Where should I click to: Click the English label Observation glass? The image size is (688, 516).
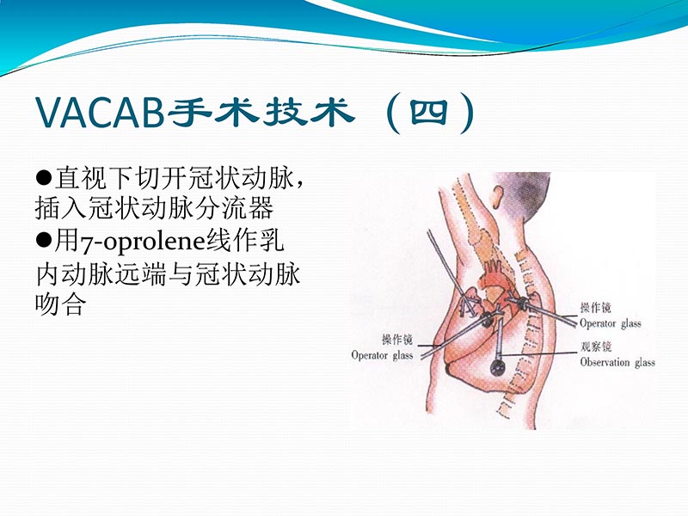[617, 363]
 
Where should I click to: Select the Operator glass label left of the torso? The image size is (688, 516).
[382, 355]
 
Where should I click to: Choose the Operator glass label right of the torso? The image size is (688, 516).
[610, 323]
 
